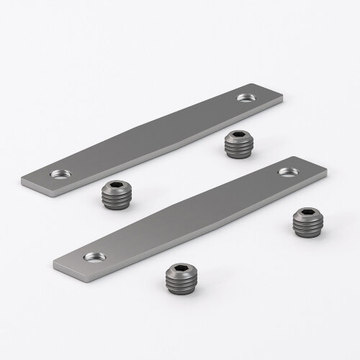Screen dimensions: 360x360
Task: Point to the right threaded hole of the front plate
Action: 288,171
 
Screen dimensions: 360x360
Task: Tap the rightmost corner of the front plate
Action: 327,173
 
